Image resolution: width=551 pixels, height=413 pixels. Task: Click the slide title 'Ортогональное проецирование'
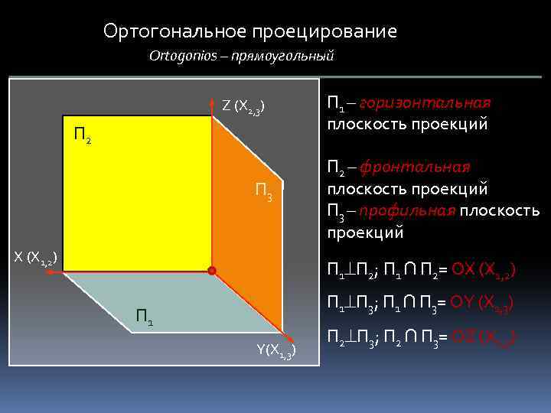coord(250,31)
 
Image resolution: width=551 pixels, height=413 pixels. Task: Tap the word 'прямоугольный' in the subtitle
coord(285,56)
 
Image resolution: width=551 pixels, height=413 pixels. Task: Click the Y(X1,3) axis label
coord(275,351)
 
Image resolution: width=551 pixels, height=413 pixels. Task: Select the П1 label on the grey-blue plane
coord(145,315)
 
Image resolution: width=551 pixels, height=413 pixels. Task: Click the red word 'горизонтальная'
coord(425,103)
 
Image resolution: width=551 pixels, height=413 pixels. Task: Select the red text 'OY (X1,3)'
coord(484,304)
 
